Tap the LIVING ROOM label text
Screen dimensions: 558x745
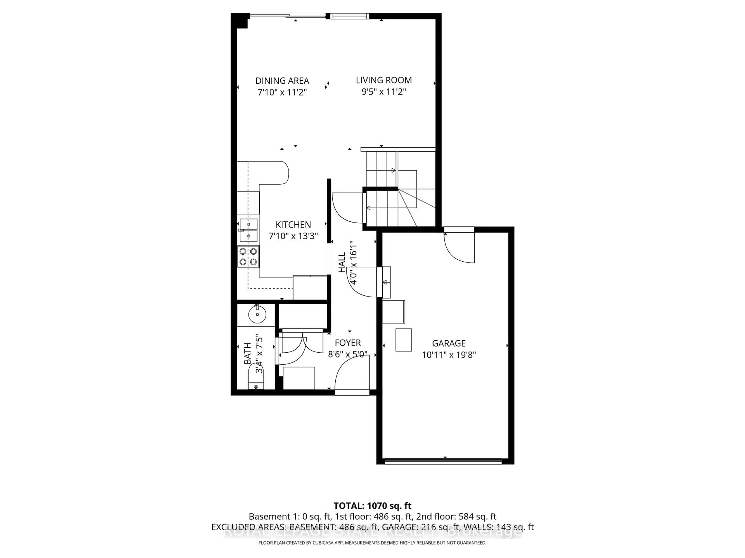point(384,80)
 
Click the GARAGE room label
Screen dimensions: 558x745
point(449,343)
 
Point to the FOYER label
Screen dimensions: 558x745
point(348,343)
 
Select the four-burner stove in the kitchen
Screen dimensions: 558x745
point(248,257)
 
